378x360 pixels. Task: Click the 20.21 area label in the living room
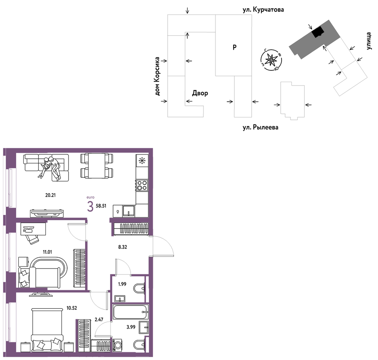pyautogui.click(x=50, y=195)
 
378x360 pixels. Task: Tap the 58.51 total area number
pyautogui.click(x=101, y=206)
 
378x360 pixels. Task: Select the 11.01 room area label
pyautogui.click(x=47, y=252)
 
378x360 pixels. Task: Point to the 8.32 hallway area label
pyautogui.click(x=123, y=247)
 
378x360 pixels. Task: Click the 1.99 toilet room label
pyautogui.click(x=122, y=284)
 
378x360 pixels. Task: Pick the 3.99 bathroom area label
pyautogui.click(x=131, y=327)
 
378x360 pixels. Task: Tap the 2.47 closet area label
pyautogui.click(x=99, y=320)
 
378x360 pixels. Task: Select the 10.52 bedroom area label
pyautogui.click(x=71, y=308)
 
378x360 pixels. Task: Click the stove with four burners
pyautogui.click(x=142, y=185)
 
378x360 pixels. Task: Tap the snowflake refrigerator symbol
pyautogui.click(x=142, y=160)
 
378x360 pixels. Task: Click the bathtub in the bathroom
pyautogui.click(x=131, y=312)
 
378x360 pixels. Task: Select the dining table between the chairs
pyautogui.click(x=97, y=166)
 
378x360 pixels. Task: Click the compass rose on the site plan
pyautogui.click(x=271, y=60)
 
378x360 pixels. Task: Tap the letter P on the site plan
pyautogui.click(x=234, y=47)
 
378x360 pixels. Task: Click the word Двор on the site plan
pyautogui.click(x=200, y=93)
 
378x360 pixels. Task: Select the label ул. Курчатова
pyautogui.click(x=263, y=10)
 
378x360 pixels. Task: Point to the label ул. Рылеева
pyautogui.click(x=260, y=127)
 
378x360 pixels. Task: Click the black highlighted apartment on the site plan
pyautogui.click(x=318, y=32)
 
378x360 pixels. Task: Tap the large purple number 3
pyautogui.click(x=90, y=207)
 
